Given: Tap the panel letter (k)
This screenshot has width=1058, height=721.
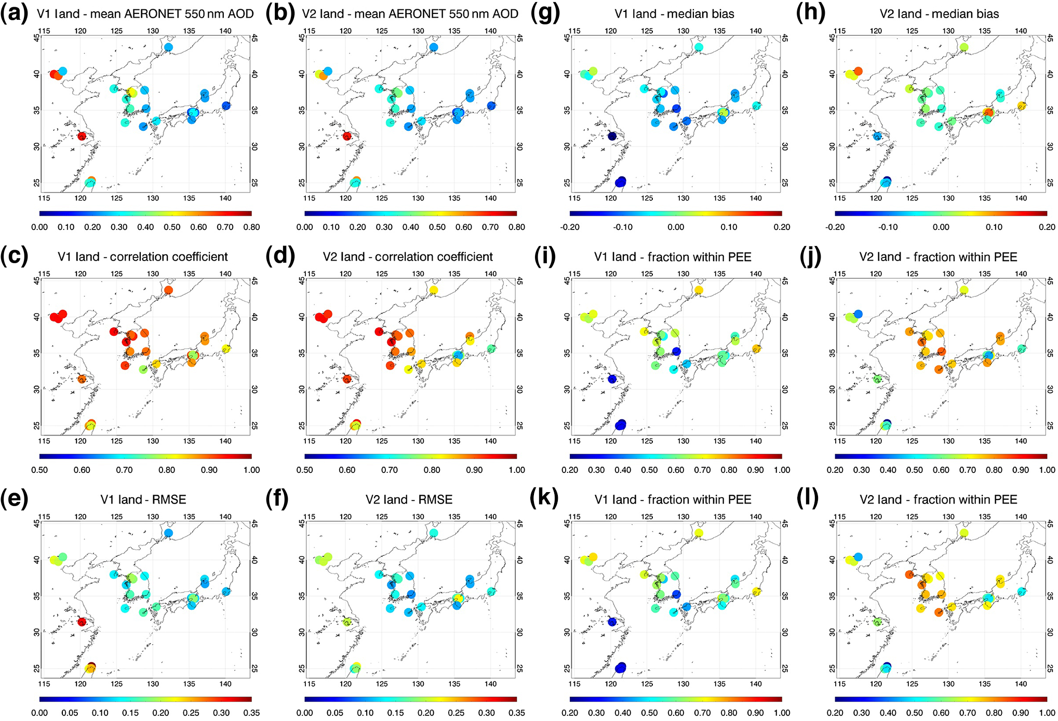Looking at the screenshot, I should pyautogui.click(x=544, y=499).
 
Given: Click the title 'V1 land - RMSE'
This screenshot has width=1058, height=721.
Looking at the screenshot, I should pyautogui.click(x=143, y=499).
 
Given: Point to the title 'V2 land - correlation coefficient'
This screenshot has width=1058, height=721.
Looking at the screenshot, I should pyautogui.click(x=408, y=256).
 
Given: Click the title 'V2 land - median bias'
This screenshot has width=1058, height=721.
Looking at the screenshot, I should pyautogui.click(x=939, y=14).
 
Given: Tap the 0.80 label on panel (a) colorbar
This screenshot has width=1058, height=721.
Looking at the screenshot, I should pyautogui.click(x=251, y=227).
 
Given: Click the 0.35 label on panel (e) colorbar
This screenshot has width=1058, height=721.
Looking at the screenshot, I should pyautogui.click(x=251, y=713).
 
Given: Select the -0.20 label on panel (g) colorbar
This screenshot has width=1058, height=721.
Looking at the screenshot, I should pyautogui.click(x=570, y=227).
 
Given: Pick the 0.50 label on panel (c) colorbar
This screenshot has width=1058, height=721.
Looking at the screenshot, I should pyautogui.click(x=39, y=470).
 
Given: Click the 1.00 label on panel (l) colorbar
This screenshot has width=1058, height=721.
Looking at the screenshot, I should pyautogui.click(x=1047, y=713).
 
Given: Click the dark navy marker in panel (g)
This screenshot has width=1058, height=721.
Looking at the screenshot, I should pyautogui.click(x=612, y=137).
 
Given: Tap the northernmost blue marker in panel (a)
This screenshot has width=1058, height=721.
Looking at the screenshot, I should pyautogui.click(x=168, y=47).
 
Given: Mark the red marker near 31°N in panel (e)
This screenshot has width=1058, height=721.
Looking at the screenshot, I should pyautogui.click(x=82, y=622).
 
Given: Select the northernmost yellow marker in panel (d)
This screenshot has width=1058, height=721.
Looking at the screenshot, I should pyautogui.click(x=434, y=290).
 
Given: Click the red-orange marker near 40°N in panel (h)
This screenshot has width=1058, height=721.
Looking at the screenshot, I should pyautogui.click(x=858, y=71).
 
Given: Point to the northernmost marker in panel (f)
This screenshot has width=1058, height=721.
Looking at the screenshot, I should pyautogui.click(x=434, y=533).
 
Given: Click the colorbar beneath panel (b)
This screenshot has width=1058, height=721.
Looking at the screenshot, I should pyautogui.click(x=410, y=213).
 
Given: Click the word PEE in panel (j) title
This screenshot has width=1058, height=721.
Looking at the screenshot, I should pyautogui.click(x=1006, y=256).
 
